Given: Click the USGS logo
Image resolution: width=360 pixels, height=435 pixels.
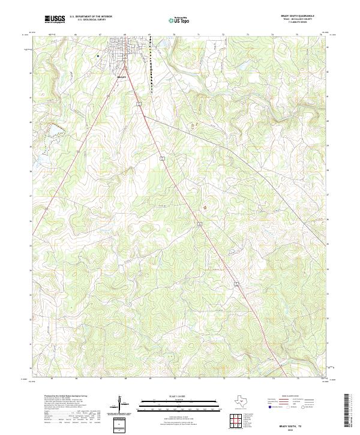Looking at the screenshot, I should (x=55, y=19).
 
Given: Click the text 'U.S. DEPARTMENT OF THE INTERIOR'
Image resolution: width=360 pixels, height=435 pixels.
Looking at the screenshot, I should (x=90, y=17).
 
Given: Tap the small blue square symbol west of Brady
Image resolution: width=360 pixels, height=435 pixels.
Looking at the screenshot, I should (x=97, y=55).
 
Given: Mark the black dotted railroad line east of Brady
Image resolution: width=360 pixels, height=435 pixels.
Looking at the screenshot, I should (x=152, y=66).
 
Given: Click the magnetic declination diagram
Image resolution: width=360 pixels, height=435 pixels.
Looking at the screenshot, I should (x=120, y=403).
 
